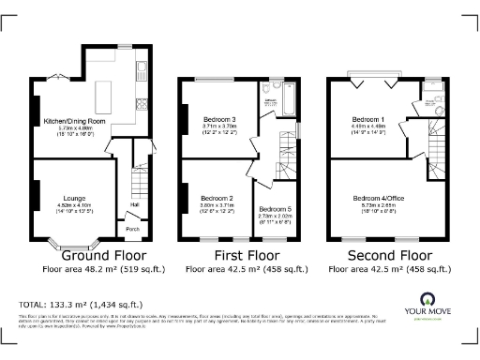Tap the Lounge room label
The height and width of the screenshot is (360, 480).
click(74, 198)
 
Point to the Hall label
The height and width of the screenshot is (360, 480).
click(135, 204)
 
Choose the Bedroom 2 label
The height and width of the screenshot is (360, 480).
click(217, 198)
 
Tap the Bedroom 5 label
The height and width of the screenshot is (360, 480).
click(273, 208)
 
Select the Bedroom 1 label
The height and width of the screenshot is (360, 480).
click(367, 121)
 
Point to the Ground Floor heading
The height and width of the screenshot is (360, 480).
click(103, 254)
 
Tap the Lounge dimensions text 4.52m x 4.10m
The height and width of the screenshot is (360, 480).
click(74, 205)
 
